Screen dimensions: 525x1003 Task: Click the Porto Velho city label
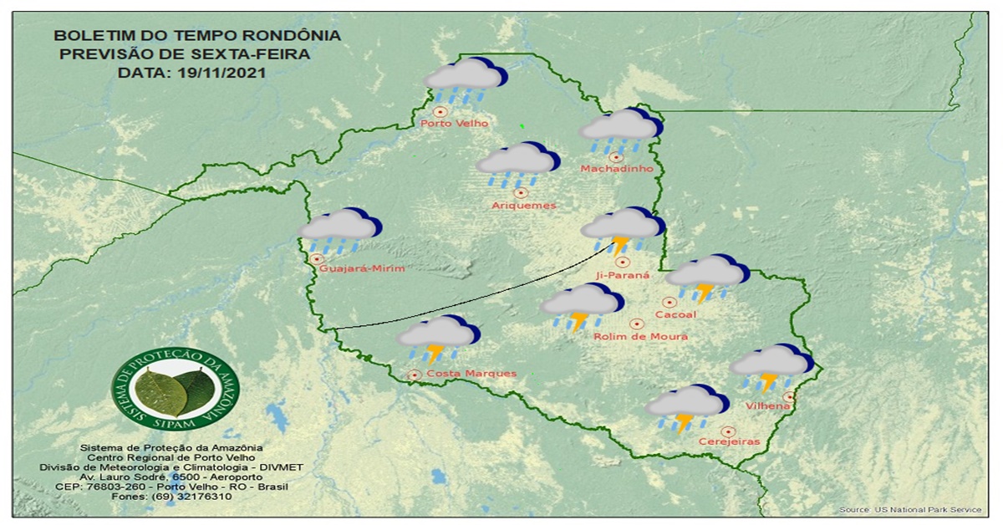[x=454, y=124]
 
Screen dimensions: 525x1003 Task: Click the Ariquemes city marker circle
[x=521, y=192]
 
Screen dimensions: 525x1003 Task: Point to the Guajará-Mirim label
[x=362, y=268]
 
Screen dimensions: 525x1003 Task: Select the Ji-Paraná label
[x=623, y=275]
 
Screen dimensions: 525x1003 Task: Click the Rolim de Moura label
[x=640, y=336]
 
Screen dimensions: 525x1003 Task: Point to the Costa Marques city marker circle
[x=414, y=375]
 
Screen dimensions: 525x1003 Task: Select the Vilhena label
[x=769, y=405]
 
